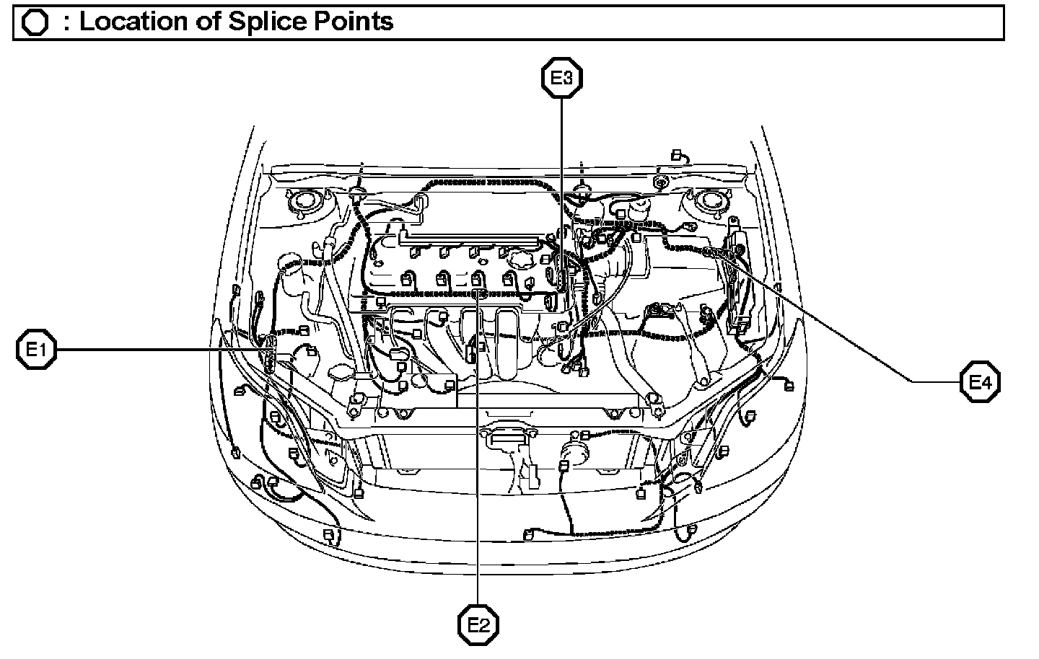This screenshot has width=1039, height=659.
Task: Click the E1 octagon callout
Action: click(x=36, y=350)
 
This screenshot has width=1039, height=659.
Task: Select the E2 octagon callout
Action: click(x=478, y=624)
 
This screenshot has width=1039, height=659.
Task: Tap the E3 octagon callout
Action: click(x=561, y=79)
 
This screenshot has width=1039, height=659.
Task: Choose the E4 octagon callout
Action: click(x=980, y=381)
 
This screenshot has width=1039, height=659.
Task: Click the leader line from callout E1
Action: click(x=159, y=350)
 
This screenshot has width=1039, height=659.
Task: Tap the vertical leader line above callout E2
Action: click(x=478, y=505)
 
